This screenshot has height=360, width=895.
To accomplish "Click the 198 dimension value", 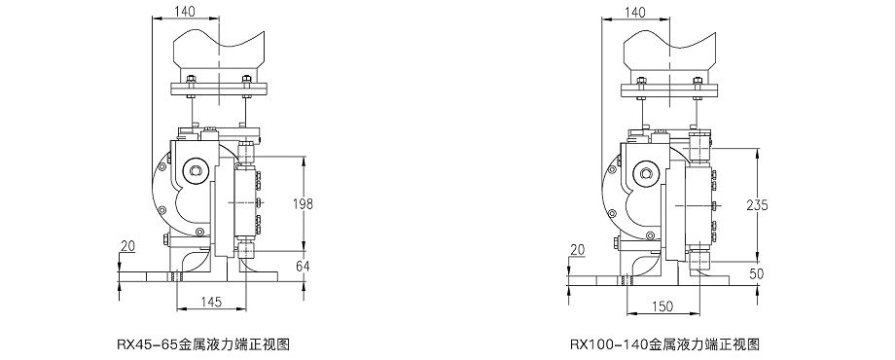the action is coord(303,203).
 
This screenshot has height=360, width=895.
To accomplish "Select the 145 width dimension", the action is coord(212,303).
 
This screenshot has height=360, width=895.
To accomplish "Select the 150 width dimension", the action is coord(662,306).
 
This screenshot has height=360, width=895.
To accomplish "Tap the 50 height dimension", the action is coord(756,273).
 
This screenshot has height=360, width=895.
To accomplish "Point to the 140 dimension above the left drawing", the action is coord(185,12).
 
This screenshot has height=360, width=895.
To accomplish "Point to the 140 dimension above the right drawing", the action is coord(635,12).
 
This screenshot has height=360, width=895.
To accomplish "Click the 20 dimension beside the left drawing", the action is coord(127,245).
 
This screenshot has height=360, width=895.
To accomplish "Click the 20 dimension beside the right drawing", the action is coord(578,249).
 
